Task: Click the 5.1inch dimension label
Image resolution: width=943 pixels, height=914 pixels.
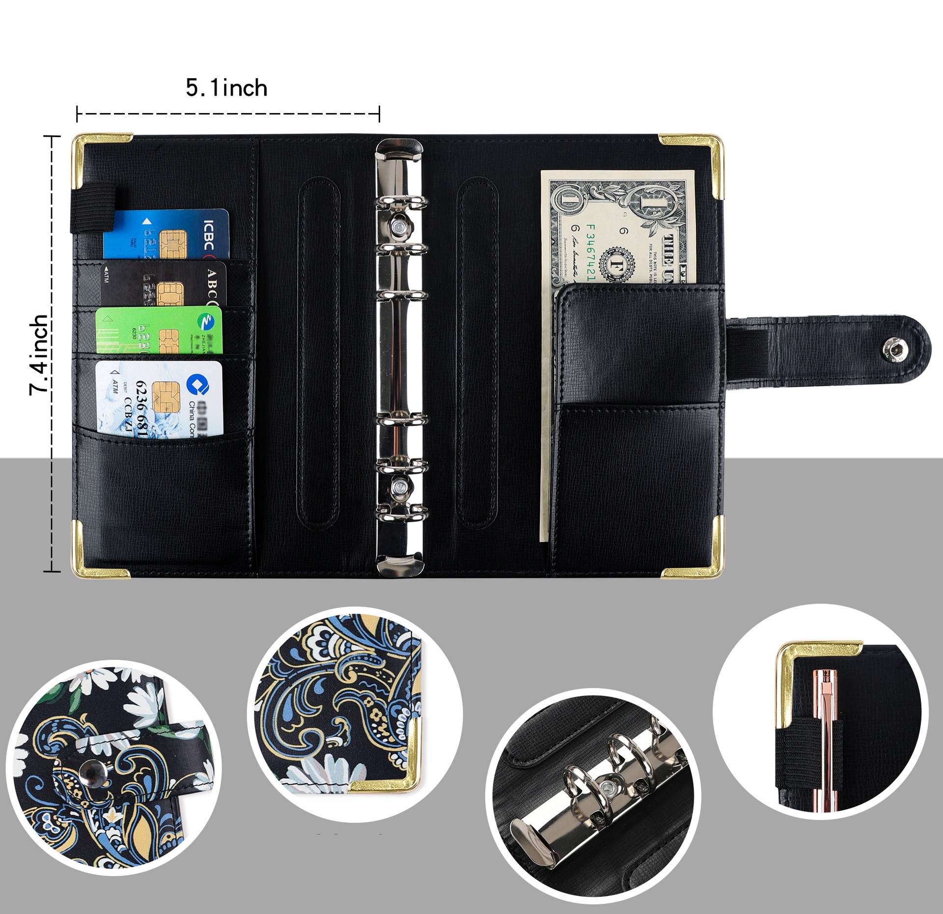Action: pyautogui.click(x=226, y=88)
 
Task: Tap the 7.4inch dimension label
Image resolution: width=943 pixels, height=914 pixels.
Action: pyautogui.click(x=39, y=354)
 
